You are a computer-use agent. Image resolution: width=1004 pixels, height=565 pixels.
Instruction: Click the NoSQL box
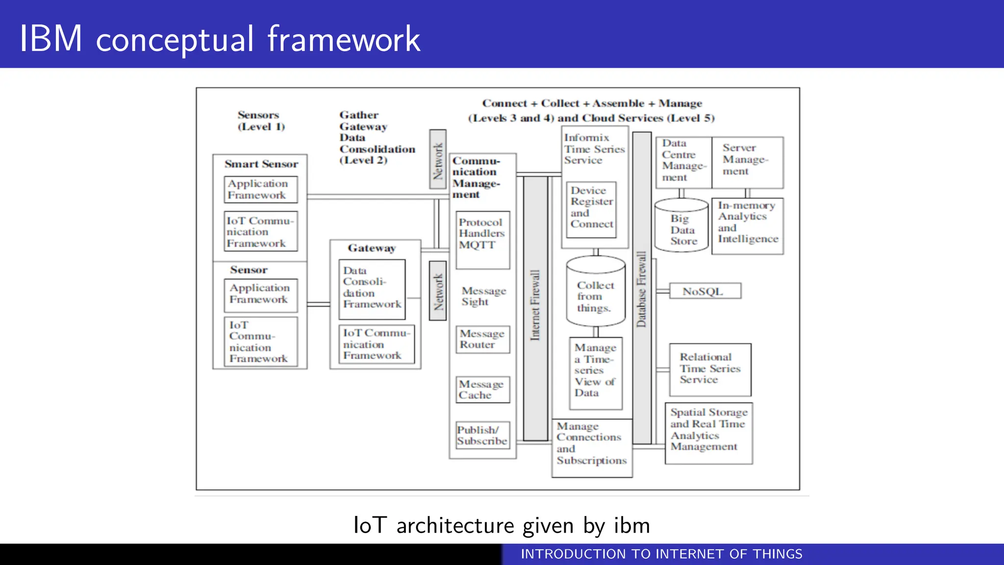pyautogui.click(x=704, y=291)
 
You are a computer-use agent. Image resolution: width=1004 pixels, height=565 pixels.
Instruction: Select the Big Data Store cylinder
pyautogui.click(x=682, y=227)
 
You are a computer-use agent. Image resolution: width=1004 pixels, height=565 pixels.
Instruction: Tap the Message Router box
pyautogui.click(x=482, y=339)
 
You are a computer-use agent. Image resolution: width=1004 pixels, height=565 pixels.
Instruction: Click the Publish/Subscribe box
pyautogui.click(x=482, y=436)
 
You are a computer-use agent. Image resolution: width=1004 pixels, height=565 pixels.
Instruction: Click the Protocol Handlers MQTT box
pyautogui.click(x=482, y=240)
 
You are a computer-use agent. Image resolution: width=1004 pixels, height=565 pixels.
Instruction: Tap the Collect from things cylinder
pyautogui.click(x=595, y=293)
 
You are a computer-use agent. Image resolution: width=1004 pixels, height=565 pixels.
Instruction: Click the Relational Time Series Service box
pyautogui.click(x=710, y=369)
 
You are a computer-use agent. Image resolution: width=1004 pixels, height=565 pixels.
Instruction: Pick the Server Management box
pyautogui.click(x=747, y=162)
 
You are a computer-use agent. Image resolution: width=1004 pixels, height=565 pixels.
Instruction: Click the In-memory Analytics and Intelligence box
pyautogui.click(x=747, y=225)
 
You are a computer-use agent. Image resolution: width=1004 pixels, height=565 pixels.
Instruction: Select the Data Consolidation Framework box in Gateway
pyautogui.click(x=372, y=289)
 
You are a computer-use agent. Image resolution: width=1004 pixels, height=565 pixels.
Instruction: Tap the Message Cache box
pyautogui.click(x=482, y=389)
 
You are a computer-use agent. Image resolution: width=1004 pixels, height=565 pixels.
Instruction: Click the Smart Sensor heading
pyautogui.click(x=261, y=164)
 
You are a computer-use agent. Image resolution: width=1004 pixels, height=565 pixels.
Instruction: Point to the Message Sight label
pyautogui.click(x=482, y=296)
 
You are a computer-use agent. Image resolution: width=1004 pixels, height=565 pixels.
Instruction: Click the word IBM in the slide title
pyautogui.click(x=50, y=39)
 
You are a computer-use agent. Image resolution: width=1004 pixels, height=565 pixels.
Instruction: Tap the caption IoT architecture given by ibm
pyautogui.click(x=502, y=525)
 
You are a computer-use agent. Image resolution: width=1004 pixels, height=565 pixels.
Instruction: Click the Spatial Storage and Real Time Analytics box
pyautogui.click(x=708, y=433)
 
